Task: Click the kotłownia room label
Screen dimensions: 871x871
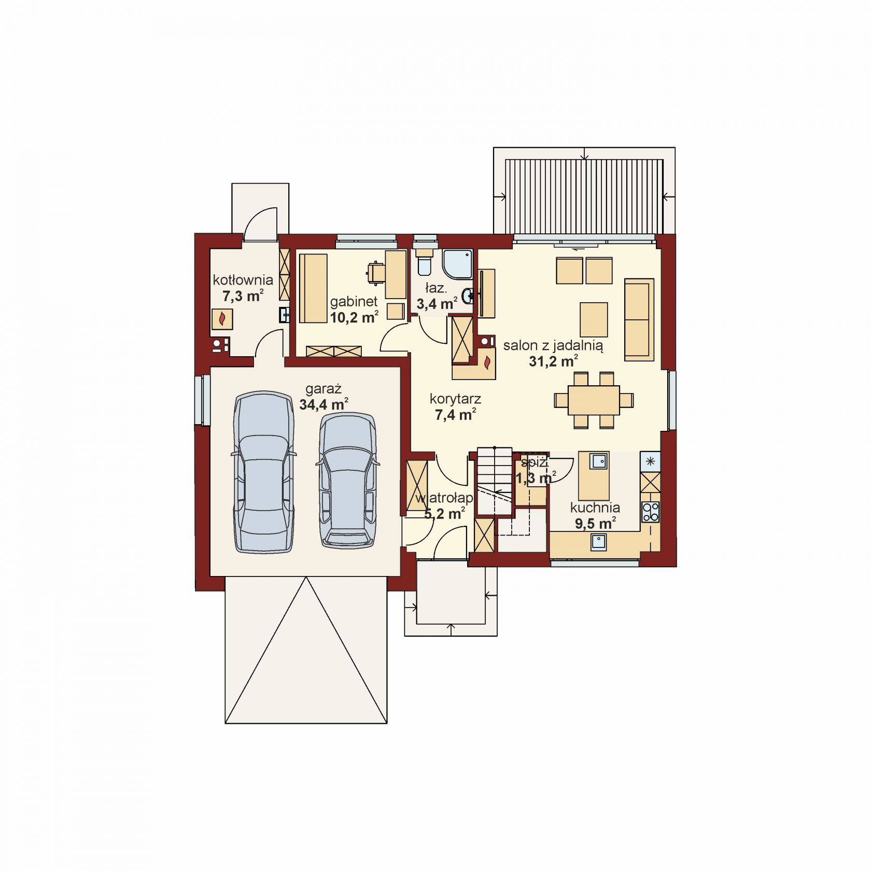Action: coord(243,280)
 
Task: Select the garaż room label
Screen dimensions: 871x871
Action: coord(323,389)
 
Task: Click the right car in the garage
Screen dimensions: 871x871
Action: coord(347,480)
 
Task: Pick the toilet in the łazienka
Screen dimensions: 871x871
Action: coord(424,263)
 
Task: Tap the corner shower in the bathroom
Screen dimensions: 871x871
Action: coord(457,264)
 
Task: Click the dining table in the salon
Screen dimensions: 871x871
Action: coord(594,400)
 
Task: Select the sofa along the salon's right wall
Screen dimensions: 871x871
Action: coord(639,319)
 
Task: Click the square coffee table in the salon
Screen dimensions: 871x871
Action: coord(594,319)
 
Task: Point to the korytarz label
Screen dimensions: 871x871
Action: coord(455,399)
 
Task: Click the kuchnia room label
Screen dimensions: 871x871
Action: coord(595,508)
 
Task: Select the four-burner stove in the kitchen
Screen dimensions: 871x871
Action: coord(651,512)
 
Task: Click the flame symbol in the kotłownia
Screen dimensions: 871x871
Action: coord(222,319)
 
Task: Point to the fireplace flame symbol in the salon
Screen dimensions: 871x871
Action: coord(487,363)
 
